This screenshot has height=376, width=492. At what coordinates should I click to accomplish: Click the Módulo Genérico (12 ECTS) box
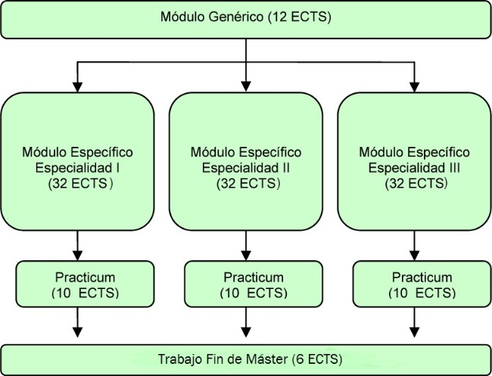(x=246, y=20)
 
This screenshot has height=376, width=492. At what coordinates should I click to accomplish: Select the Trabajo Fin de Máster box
(x=246, y=359)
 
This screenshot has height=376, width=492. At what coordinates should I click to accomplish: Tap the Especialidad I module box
(x=77, y=161)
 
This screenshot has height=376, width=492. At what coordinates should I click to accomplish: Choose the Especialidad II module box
(x=246, y=161)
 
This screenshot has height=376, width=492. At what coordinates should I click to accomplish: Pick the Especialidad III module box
(x=414, y=161)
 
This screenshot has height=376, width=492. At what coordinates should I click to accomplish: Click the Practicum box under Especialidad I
(x=85, y=284)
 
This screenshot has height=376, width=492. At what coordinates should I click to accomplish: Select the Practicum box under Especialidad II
(x=254, y=284)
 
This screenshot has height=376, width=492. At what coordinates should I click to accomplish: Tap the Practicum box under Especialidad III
(x=422, y=284)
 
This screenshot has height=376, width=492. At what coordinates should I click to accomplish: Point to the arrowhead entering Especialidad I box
(x=77, y=87)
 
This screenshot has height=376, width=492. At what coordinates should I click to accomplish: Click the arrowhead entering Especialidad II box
(x=246, y=86)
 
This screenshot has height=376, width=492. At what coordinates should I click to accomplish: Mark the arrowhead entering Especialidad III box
(x=414, y=87)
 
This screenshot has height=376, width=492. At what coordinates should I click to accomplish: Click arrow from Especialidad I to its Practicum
(x=77, y=246)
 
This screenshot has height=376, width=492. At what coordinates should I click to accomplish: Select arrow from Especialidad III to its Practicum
(x=414, y=246)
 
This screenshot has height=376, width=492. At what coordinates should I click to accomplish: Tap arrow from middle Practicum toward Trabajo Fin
(x=246, y=322)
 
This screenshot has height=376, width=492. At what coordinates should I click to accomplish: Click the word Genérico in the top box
(x=235, y=17)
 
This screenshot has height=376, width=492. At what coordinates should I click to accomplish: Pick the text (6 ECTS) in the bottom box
(x=316, y=359)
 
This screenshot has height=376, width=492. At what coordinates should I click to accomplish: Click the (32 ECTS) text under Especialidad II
(x=248, y=183)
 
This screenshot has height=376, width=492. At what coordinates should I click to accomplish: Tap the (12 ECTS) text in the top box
(x=300, y=17)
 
